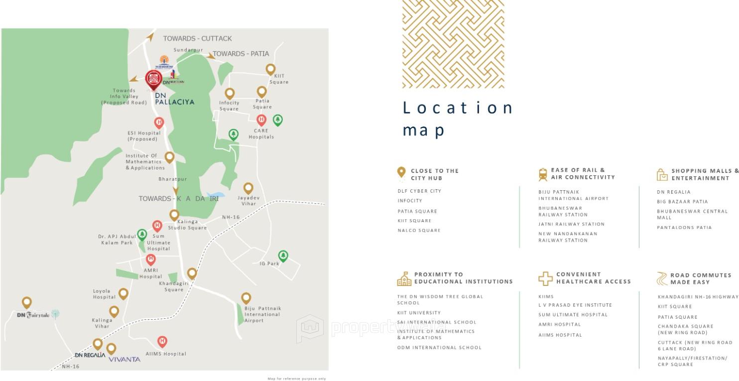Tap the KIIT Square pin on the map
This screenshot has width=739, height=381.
(x=270, y=69)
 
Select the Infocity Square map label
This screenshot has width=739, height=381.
(x=229, y=106)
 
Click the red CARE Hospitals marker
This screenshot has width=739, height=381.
(x=261, y=120)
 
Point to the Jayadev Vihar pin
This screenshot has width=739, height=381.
(x=248, y=188)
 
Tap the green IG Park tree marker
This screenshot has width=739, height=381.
(x=283, y=256)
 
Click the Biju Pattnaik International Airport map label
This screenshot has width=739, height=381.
(x=262, y=314)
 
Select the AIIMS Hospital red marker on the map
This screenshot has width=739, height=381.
(x=162, y=342)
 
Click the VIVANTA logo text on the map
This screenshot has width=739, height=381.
(x=124, y=359)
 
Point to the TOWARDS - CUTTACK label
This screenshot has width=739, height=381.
(x=197, y=38)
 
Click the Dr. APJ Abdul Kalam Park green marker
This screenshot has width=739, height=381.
(x=142, y=234)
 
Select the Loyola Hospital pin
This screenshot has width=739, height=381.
(x=123, y=293)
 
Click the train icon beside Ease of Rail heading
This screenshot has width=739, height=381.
(x=543, y=174)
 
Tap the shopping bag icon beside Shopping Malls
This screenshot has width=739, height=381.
(x=662, y=175)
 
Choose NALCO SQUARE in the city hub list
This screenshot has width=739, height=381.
(x=419, y=231)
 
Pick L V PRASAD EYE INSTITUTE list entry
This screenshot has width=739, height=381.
(x=575, y=305)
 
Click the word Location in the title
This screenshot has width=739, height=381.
(x=458, y=108)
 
